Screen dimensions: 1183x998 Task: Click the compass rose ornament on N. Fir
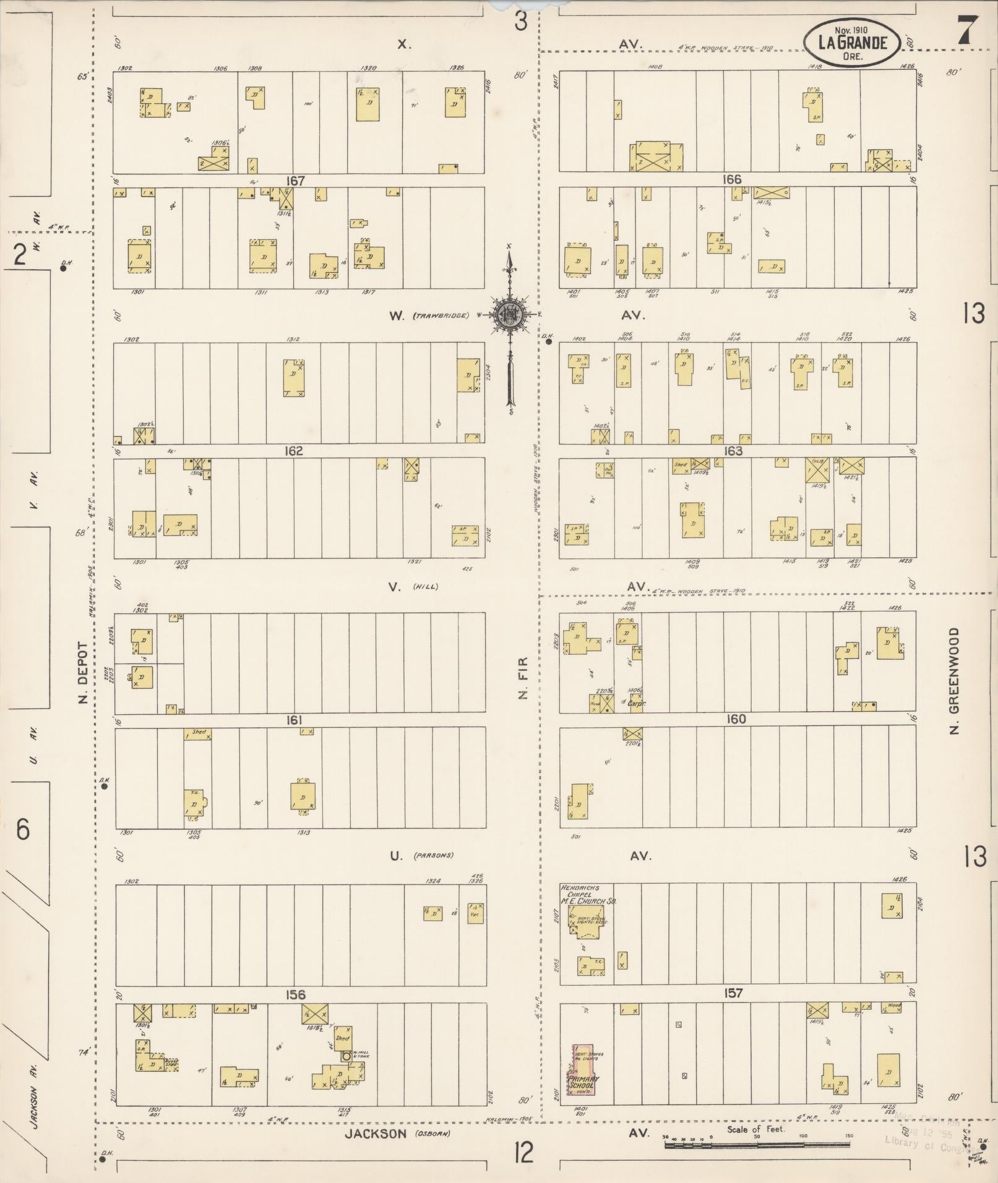510,315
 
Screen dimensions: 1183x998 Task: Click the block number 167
296,181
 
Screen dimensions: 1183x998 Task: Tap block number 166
732,180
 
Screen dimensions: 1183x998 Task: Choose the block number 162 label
293,451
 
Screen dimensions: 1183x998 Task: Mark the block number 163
733,451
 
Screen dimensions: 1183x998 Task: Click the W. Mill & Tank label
361,1055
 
